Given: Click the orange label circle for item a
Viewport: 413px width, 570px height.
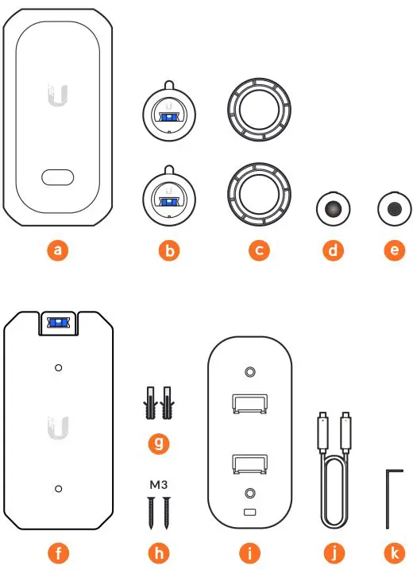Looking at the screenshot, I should (x=57, y=250).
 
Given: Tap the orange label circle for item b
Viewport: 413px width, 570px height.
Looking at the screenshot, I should (x=168, y=250).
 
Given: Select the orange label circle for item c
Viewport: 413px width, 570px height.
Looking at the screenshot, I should (x=258, y=250).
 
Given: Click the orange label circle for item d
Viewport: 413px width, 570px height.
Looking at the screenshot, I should (x=334, y=250).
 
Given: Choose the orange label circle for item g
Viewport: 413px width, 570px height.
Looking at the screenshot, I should (x=159, y=444).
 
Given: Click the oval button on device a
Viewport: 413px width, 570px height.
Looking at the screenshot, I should (x=57, y=177).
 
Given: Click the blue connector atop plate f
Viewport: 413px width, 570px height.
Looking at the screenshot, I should (x=57, y=322).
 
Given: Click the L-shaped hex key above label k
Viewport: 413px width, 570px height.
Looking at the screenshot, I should (x=389, y=497).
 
